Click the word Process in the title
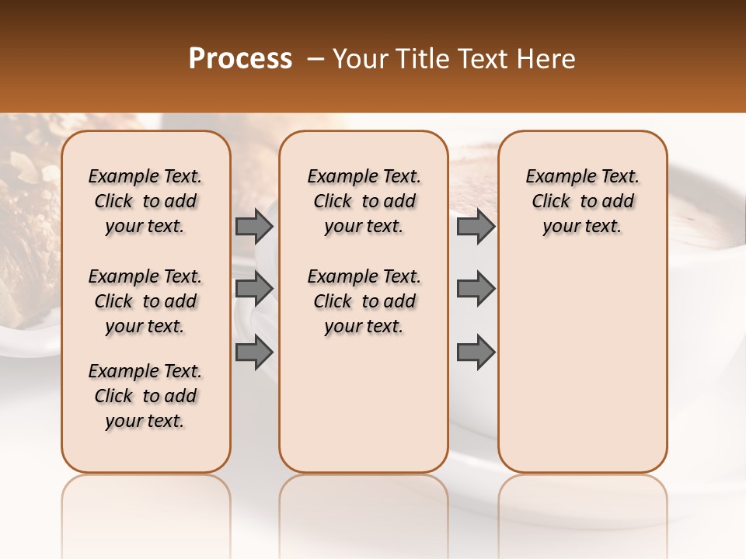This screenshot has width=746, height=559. coord(240,59)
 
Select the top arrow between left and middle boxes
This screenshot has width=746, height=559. coord(254,226)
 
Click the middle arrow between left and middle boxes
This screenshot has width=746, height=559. coord(254,289)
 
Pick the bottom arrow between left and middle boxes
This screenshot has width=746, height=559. coord(254,352)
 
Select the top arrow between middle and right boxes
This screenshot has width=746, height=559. coord(476,226)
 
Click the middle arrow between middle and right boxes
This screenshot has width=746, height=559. coord(476,289)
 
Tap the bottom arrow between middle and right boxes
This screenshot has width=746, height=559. coord(476,352)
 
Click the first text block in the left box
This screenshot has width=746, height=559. coord(145,201)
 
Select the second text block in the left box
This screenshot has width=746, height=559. coord(145,301)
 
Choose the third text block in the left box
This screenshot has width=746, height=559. coord(145,396)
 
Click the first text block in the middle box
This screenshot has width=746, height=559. coord(364,201)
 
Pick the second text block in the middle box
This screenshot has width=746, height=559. coord(364,301)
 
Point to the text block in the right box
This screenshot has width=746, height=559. coord(582,201)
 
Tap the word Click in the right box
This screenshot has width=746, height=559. coord(551,202)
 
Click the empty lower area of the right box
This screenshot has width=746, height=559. coord(582,365)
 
